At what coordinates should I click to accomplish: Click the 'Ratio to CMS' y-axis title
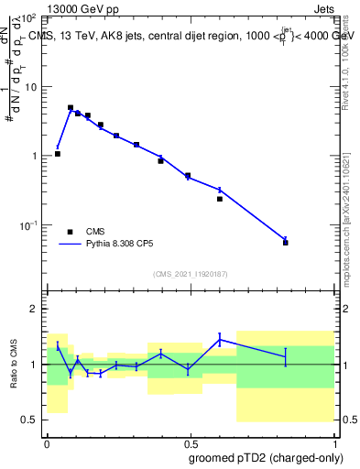(x=14, y=365)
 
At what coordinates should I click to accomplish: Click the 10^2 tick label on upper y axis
(x=31, y=17)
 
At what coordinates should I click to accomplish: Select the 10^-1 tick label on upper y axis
(x=31, y=225)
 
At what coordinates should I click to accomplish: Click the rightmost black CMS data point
(x=286, y=243)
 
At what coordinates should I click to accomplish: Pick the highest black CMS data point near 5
(x=71, y=107)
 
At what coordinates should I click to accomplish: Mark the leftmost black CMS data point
(x=58, y=154)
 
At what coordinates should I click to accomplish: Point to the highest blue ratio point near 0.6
(x=220, y=340)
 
